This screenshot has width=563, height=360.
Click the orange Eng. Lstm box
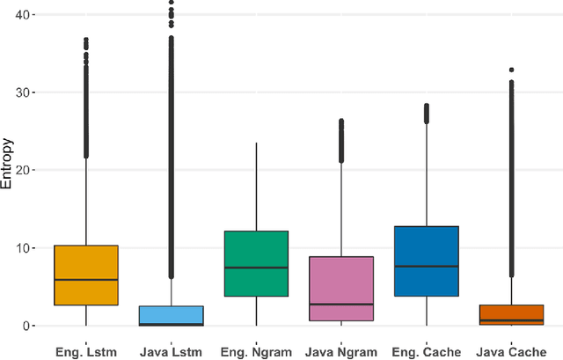tap(85, 275)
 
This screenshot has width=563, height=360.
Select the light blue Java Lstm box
tap(171, 316)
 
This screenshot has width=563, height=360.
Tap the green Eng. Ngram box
tap(256, 263)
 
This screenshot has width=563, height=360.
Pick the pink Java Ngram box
tap(341, 289)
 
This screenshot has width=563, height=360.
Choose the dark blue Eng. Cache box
tap(427, 261)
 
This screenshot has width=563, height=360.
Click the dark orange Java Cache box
tap(511, 315)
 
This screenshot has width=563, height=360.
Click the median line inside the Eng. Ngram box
tap(256, 268)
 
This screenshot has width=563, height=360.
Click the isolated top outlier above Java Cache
tap(511, 70)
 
